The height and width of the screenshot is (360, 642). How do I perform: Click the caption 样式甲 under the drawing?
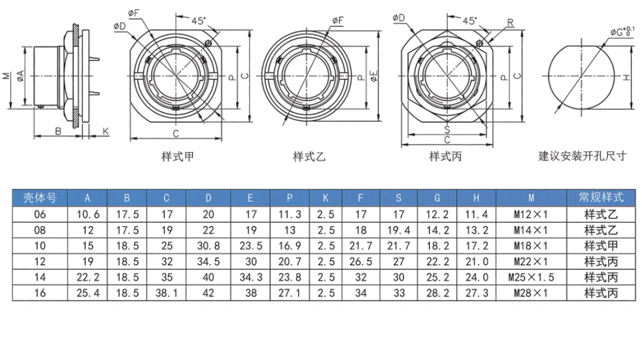tap(178, 156)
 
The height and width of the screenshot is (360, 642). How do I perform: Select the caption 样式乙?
tap(309, 156)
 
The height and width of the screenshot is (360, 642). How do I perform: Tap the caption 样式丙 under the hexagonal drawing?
tap(445, 156)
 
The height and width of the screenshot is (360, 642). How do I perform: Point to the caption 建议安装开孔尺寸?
tap(582, 156)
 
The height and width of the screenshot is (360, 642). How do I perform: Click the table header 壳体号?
tap(40, 198)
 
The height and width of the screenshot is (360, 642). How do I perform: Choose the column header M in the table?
tap(531, 198)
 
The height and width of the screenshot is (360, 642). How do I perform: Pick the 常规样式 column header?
tap(601, 197)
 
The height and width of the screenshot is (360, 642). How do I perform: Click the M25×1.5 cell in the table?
tap(531, 278)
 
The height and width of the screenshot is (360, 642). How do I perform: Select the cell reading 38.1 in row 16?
tap(166, 293)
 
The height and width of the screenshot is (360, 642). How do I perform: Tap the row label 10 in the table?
tap(40, 246)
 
